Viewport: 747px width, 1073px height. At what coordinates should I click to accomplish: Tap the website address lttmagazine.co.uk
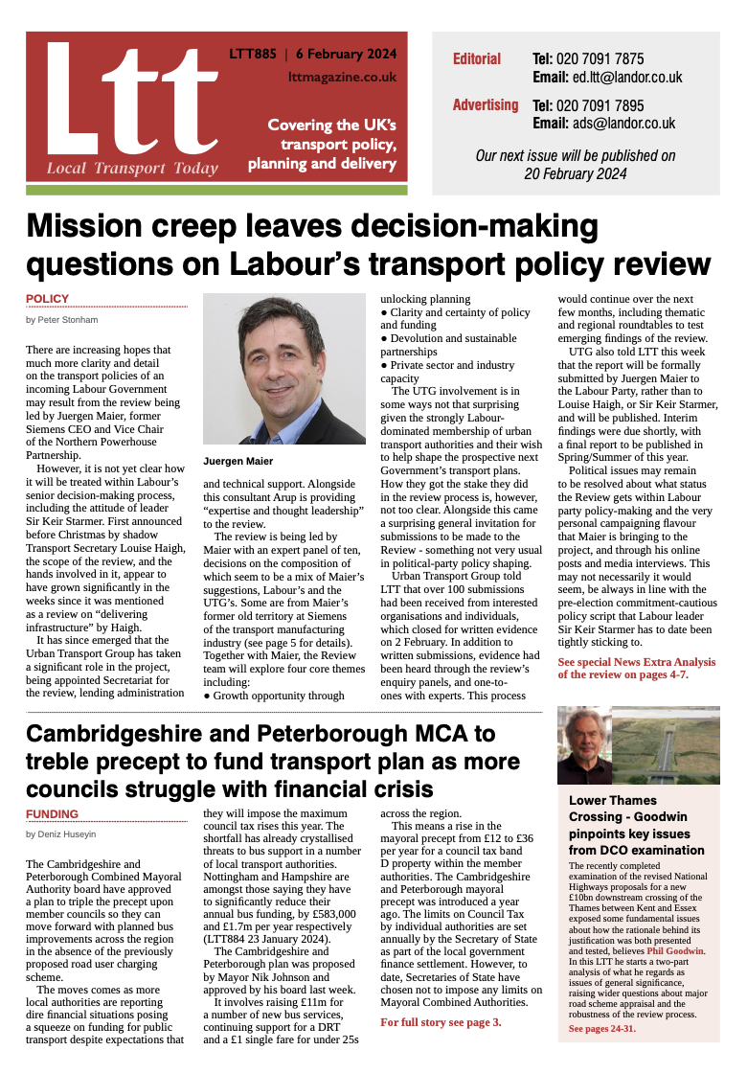[x=342, y=77]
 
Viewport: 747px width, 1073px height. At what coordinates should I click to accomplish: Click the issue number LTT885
[x=252, y=54]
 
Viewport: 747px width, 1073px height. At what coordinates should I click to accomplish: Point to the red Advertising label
[x=486, y=105]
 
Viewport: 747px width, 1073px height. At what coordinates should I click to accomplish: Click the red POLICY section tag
[x=47, y=299]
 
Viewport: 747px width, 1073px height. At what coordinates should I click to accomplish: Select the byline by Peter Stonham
[x=62, y=319]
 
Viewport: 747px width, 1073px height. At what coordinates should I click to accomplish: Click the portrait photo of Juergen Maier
[x=284, y=369]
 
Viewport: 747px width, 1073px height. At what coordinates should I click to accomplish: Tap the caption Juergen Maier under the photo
[x=238, y=461]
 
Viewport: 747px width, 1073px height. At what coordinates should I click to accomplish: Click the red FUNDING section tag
[x=52, y=813]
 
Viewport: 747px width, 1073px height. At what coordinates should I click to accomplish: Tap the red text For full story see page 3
[x=441, y=1022]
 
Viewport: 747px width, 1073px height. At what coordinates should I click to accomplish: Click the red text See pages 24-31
[x=601, y=1028]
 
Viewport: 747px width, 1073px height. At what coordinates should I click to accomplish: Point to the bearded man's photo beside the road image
[x=584, y=746]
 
